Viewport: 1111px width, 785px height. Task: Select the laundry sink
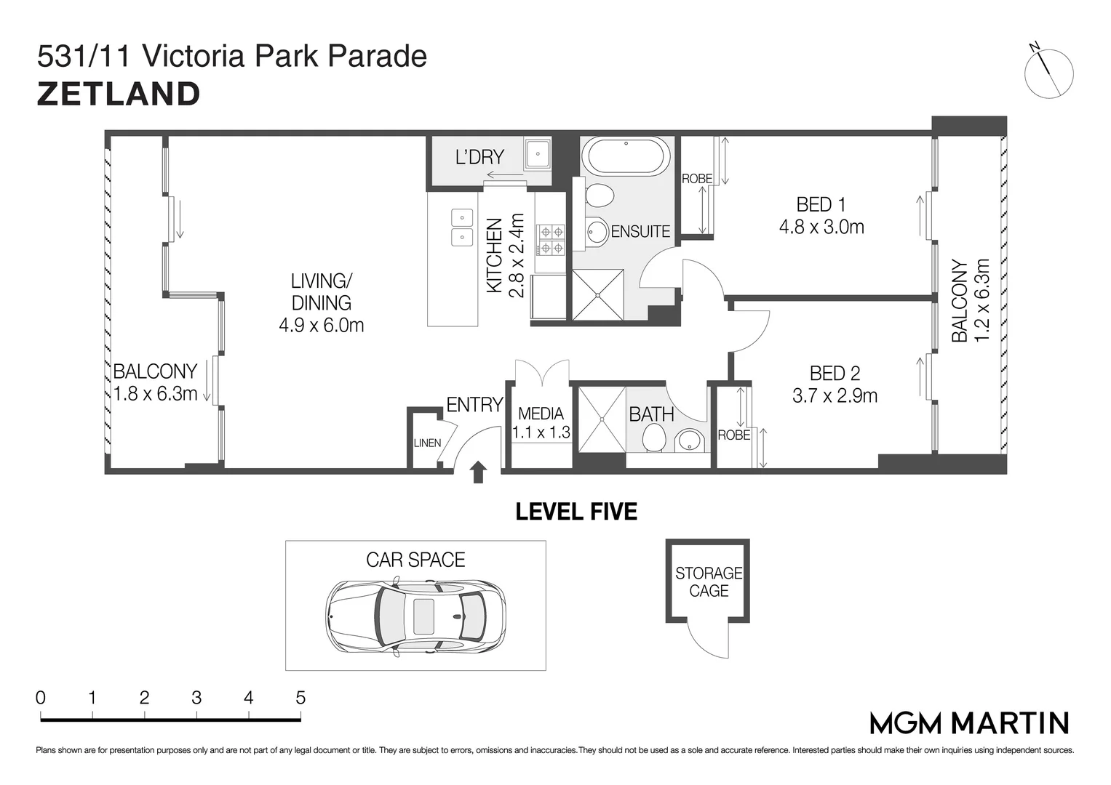point(538,153)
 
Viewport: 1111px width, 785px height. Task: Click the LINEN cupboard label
point(427,443)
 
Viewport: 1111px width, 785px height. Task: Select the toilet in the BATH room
point(653,438)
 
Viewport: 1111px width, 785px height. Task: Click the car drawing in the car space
point(415,617)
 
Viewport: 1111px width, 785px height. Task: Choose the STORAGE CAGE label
point(709,581)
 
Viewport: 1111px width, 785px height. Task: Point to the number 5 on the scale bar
point(300,698)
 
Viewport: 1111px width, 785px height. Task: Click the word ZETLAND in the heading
point(119,94)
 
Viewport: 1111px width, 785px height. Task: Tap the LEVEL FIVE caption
point(576,512)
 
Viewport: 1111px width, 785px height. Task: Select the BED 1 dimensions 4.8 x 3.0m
point(821,227)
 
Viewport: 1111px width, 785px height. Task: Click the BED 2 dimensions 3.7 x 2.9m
point(835,395)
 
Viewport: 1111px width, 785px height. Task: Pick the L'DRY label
point(479,157)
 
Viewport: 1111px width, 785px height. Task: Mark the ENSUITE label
point(640,231)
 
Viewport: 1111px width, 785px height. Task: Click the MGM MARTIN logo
point(970,723)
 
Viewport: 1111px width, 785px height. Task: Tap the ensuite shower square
point(597,295)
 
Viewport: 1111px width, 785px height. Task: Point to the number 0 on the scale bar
point(41,698)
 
